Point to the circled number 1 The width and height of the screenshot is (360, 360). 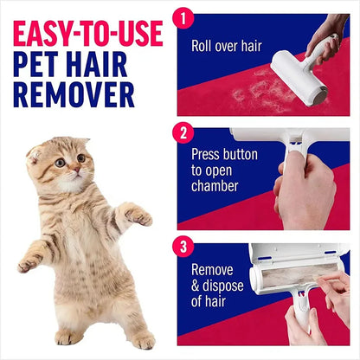pos(183,16)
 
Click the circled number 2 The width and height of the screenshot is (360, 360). pos(183,133)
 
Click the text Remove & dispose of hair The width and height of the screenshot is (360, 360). pos(217,286)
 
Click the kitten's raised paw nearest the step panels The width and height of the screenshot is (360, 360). pos(138,215)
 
